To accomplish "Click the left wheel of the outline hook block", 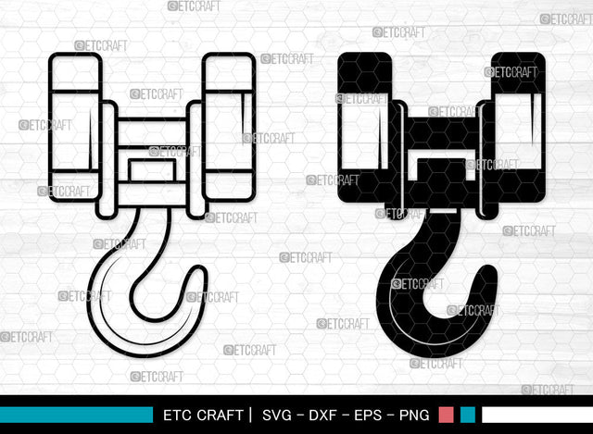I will point(74,127).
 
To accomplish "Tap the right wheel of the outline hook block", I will point(228,127).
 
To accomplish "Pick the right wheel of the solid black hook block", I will point(518,127).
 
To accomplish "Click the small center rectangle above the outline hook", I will point(151,170).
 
